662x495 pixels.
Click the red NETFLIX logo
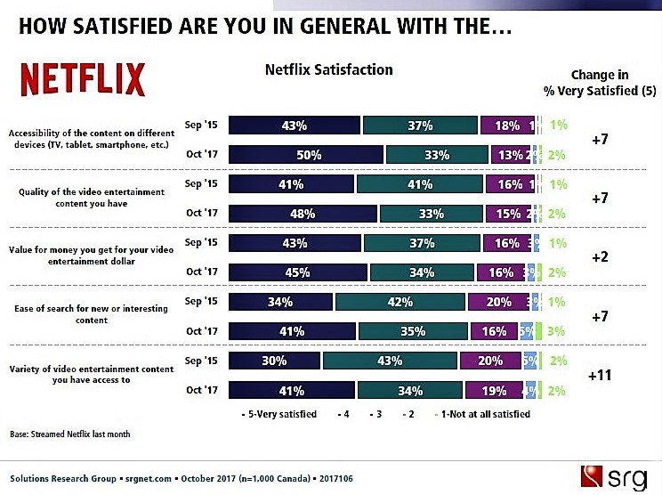point(83,80)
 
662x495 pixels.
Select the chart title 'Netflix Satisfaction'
point(328,69)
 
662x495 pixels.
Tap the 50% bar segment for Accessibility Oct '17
point(306,154)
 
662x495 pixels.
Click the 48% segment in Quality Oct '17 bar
point(303,214)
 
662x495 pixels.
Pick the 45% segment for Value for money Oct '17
point(297,272)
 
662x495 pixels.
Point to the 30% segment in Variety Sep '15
point(275,361)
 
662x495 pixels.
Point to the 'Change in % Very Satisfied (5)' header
point(600,82)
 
